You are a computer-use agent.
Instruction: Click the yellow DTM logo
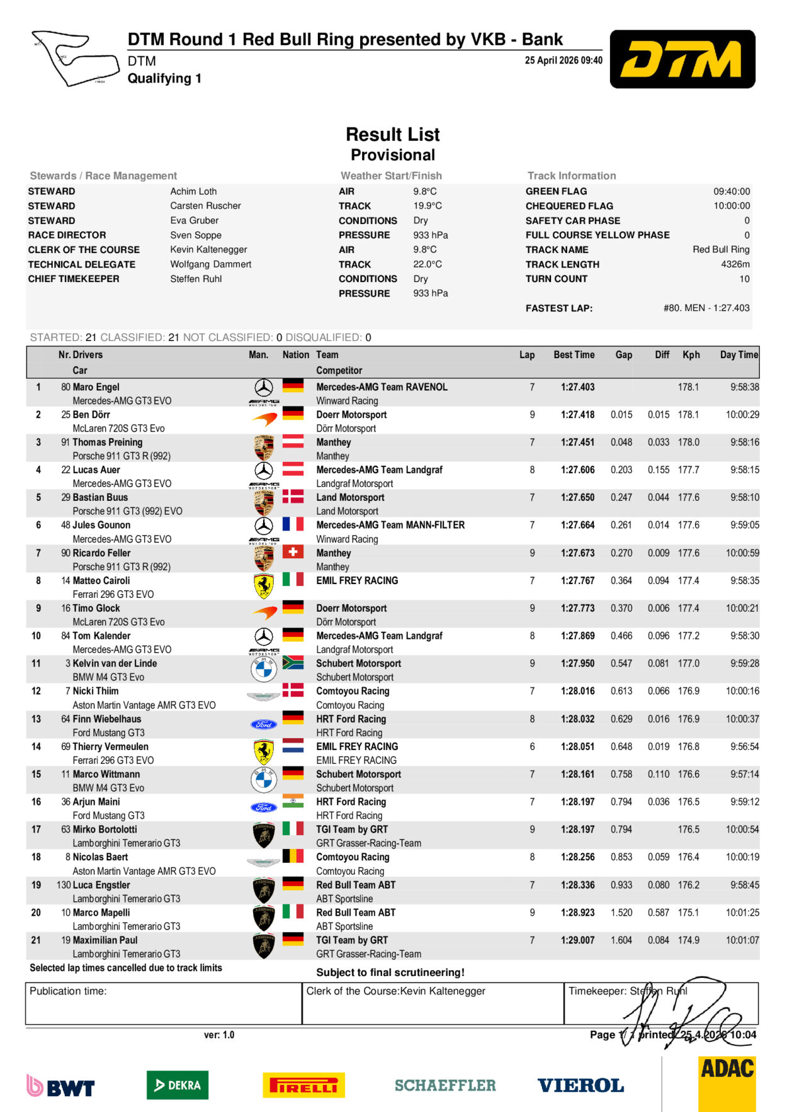[682, 59]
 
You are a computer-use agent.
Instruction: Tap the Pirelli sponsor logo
[303, 1085]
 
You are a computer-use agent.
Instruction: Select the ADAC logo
[727, 1083]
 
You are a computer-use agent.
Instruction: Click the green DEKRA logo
[178, 1085]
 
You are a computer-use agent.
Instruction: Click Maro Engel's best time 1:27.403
[577, 387]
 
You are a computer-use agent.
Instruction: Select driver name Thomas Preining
[108, 442]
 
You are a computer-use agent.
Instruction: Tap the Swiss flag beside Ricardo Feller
[293, 552]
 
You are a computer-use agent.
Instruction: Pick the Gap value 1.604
[621, 940]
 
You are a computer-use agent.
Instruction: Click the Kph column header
[691, 355]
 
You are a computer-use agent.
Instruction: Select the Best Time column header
[574, 355]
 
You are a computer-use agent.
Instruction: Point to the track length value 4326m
[735, 264]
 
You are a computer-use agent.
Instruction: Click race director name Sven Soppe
[196, 235]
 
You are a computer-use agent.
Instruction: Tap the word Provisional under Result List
[393, 155]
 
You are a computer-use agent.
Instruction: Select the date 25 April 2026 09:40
[563, 60]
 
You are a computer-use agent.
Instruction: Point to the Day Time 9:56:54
[744, 746]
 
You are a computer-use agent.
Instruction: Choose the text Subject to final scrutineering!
[390, 972]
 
